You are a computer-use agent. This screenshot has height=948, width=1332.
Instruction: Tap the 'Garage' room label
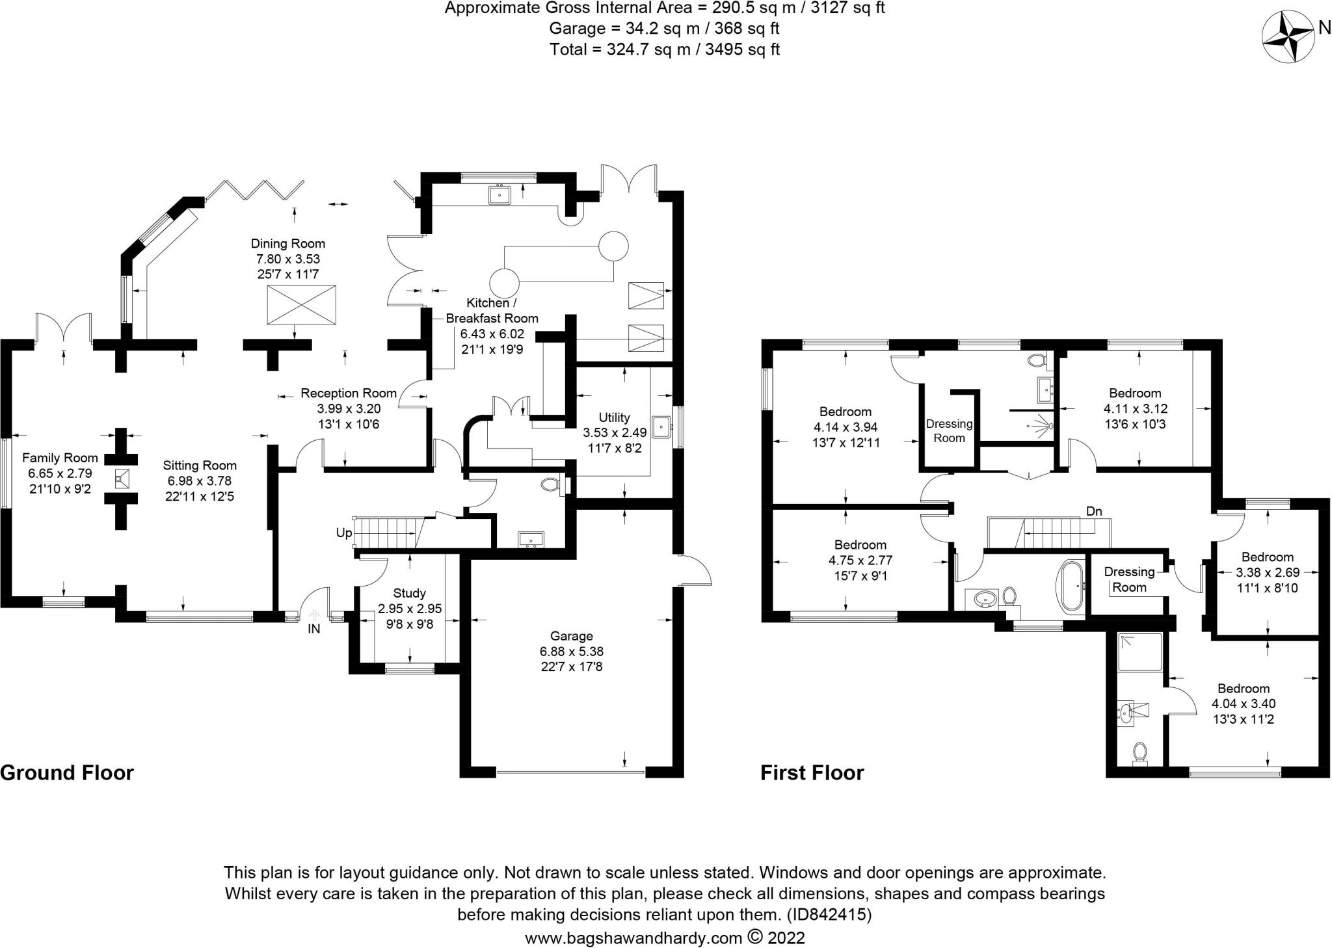pyautogui.click(x=572, y=636)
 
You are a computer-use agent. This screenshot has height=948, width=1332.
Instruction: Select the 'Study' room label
pyautogui.click(x=410, y=593)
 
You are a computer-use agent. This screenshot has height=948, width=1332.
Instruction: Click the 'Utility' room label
pyautogui.click(x=615, y=417)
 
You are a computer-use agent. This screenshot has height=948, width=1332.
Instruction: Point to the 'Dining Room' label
pyautogui.click(x=288, y=244)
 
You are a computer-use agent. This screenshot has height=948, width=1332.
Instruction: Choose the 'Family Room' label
pyautogui.click(x=60, y=458)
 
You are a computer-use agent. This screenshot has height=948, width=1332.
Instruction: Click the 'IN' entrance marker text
pyautogui.click(x=314, y=629)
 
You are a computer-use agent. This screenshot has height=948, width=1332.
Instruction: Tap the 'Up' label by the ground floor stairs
pyautogui.click(x=343, y=533)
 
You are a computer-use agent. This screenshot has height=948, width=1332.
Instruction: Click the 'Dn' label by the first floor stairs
pyautogui.click(x=1094, y=512)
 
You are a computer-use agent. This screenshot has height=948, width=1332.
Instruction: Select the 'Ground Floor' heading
pyautogui.click(x=67, y=772)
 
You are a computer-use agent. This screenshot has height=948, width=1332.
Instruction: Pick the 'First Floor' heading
pyautogui.click(x=812, y=772)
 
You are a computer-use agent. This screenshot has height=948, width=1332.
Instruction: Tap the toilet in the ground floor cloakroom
pyautogui.click(x=552, y=485)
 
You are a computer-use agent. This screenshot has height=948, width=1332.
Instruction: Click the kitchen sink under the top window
pyautogui.click(x=500, y=194)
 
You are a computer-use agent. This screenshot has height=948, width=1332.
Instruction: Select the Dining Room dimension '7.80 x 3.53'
pyautogui.click(x=288, y=259)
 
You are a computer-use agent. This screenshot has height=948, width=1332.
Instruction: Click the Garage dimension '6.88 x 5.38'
pyautogui.click(x=572, y=652)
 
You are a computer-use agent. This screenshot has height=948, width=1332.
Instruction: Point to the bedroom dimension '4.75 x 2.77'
pyautogui.click(x=860, y=560)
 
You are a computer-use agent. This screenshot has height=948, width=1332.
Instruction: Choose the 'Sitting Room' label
pyautogui.click(x=200, y=466)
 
